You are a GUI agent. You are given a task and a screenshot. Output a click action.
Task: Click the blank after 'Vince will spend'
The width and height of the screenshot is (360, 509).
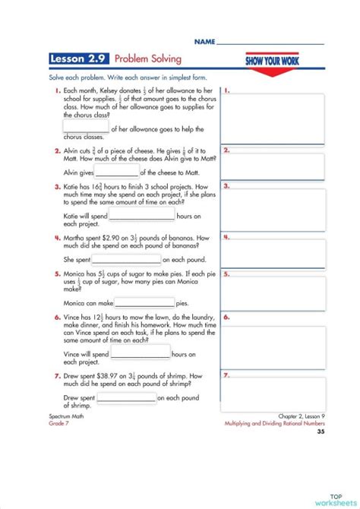[141, 354]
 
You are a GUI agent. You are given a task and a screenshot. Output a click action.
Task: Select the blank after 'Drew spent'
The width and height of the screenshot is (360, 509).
[126, 397]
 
